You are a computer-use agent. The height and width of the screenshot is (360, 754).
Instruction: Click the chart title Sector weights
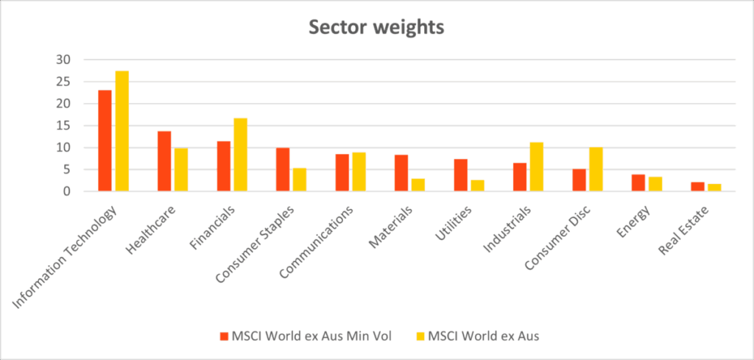(376, 27)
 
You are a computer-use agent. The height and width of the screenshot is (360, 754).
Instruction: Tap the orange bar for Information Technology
(105, 141)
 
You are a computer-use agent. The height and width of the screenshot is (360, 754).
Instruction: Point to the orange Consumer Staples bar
(283, 169)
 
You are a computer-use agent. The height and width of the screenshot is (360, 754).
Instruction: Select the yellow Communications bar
(359, 172)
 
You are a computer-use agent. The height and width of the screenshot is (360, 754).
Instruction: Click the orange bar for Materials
(401, 173)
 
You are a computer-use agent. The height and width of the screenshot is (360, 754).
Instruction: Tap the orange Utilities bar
(460, 175)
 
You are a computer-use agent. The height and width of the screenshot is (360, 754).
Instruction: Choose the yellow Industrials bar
(537, 166)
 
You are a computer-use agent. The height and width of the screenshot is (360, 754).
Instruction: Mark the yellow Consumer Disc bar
(596, 169)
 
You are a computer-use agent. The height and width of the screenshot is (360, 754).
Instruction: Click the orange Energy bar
(638, 183)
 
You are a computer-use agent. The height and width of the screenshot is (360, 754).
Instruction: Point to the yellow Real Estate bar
(714, 188)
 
